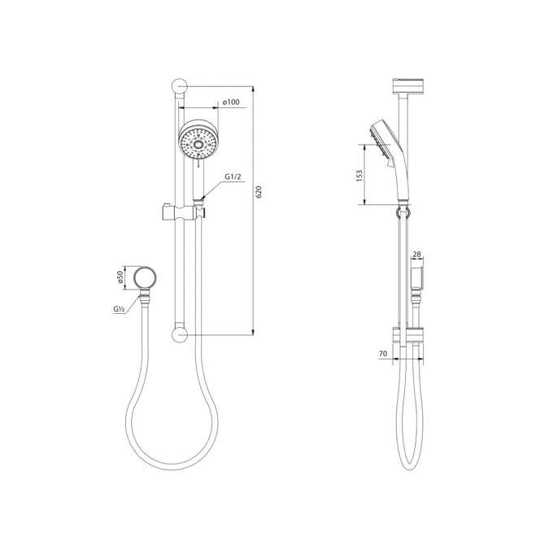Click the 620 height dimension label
(259, 193)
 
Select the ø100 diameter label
(232, 102)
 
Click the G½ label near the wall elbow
(119, 309)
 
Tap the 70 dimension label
(382, 354)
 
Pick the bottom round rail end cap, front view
(181, 333)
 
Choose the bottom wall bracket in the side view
(407, 333)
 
